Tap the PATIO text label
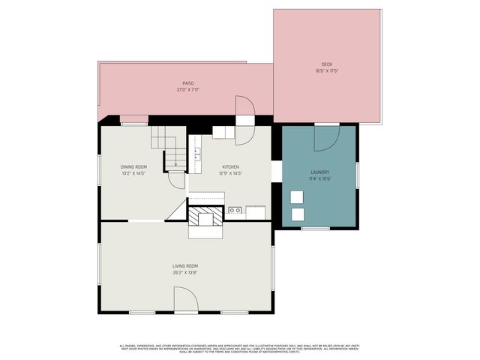click(x=188, y=83)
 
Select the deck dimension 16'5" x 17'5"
click(x=326, y=71)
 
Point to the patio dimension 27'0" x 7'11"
click(x=188, y=89)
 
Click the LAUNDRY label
click(x=320, y=172)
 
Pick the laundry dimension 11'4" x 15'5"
click(x=320, y=178)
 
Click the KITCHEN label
click(x=231, y=166)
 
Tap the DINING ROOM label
click(x=133, y=166)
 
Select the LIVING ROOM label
click(x=185, y=265)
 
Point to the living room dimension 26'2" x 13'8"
click(x=185, y=271)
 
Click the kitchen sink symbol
click(x=235, y=211)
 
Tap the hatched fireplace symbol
click(x=205, y=217)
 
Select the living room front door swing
click(x=186, y=301)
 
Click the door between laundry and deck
click(x=327, y=137)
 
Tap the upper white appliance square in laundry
click(x=298, y=196)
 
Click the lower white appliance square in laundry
click(x=298, y=214)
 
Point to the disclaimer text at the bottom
click(x=240, y=348)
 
